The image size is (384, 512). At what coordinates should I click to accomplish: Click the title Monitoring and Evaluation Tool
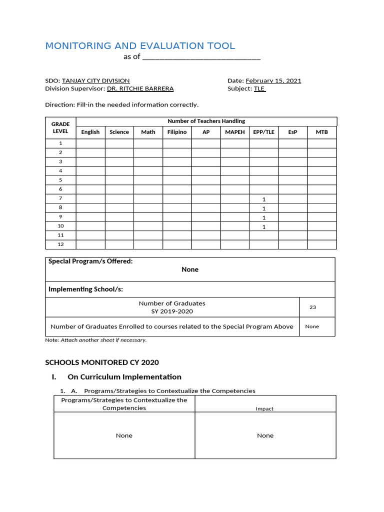tap(140, 46)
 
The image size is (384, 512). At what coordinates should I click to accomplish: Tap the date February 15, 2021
tap(273, 80)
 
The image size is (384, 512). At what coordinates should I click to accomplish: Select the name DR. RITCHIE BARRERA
tap(140, 88)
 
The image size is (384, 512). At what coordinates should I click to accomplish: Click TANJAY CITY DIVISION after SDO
tap(95, 80)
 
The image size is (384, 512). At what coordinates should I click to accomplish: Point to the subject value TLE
tap(259, 88)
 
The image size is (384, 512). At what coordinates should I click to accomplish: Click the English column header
tap(90, 132)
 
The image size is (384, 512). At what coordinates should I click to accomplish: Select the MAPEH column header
tap(234, 132)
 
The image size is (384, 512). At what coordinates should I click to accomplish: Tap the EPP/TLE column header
tap(263, 132)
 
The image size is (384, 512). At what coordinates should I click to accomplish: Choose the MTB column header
tap(321, 132)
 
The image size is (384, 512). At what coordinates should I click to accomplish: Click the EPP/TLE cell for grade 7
tap(263, 199)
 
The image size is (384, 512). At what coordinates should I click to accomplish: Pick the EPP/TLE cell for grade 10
tap(263, 226)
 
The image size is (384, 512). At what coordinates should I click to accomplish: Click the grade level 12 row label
tap(60, 244)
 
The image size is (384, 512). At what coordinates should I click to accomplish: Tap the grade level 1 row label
tap(60, 143)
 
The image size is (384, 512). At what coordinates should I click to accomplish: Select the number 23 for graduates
tap(312, 307)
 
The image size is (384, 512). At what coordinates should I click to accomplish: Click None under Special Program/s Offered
tap(190, 269)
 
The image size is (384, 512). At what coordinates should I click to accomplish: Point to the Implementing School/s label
tap(85, 289)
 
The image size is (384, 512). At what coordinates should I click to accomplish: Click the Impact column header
tap(264, 408)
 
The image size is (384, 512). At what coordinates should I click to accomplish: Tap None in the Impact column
tap(265, 435)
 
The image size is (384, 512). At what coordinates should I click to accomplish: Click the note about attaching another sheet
tap(96, 340)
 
